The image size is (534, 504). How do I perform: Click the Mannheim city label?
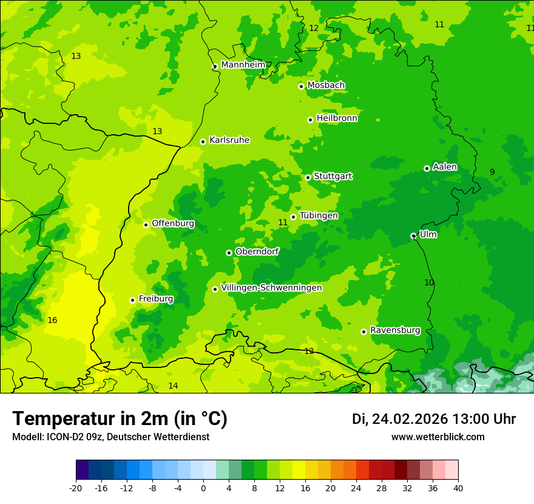[243, 65]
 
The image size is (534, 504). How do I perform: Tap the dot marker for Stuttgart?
[308, 177]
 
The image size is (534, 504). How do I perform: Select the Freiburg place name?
[155, 299]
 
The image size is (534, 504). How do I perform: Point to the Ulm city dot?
[413, 236]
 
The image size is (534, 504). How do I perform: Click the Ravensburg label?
[394, 330]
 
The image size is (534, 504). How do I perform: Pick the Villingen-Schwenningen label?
[271, 288]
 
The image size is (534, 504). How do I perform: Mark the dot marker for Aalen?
[427, 168]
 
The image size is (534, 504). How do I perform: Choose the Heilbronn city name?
[336, 118]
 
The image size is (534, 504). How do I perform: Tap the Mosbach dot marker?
[301, 86]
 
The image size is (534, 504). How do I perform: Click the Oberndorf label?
[257, 251]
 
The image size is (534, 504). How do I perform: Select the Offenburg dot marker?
[146, 225]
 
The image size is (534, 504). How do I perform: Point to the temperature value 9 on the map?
[492, 172]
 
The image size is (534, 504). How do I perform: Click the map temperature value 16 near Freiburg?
[52, 320]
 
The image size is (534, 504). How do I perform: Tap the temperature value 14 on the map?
[173, 386]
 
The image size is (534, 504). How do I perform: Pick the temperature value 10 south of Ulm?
[429, 283]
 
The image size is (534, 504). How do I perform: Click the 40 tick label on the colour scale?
[458, 488]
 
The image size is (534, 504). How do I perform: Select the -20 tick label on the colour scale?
[76, 488]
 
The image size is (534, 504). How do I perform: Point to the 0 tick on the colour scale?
[203, 488]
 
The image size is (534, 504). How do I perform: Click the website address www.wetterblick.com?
[438, 437]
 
